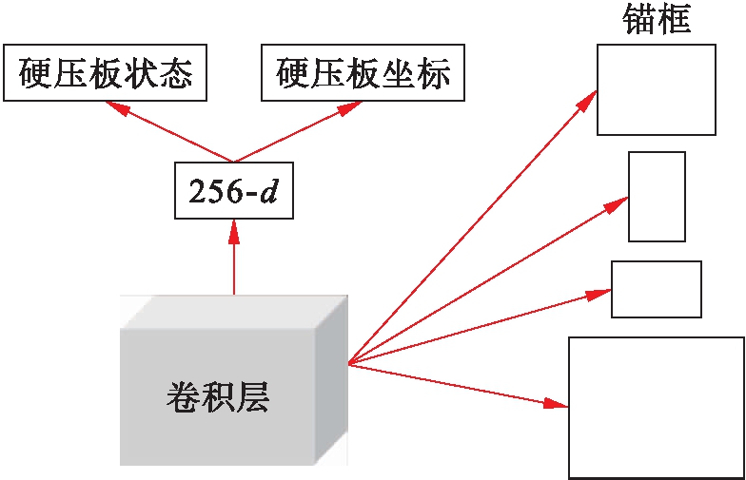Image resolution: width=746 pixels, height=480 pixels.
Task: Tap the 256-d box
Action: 233,192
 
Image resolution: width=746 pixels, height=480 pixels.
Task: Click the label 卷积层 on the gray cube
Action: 217,397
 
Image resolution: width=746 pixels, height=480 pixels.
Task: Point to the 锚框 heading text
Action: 656,19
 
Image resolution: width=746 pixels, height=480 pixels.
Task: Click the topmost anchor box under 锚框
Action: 656,89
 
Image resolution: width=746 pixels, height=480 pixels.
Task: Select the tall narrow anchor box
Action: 657,196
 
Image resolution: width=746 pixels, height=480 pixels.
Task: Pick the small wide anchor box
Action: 656,289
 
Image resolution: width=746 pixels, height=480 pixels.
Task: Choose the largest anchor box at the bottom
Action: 656,407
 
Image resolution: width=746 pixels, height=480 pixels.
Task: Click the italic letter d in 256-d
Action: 271,192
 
